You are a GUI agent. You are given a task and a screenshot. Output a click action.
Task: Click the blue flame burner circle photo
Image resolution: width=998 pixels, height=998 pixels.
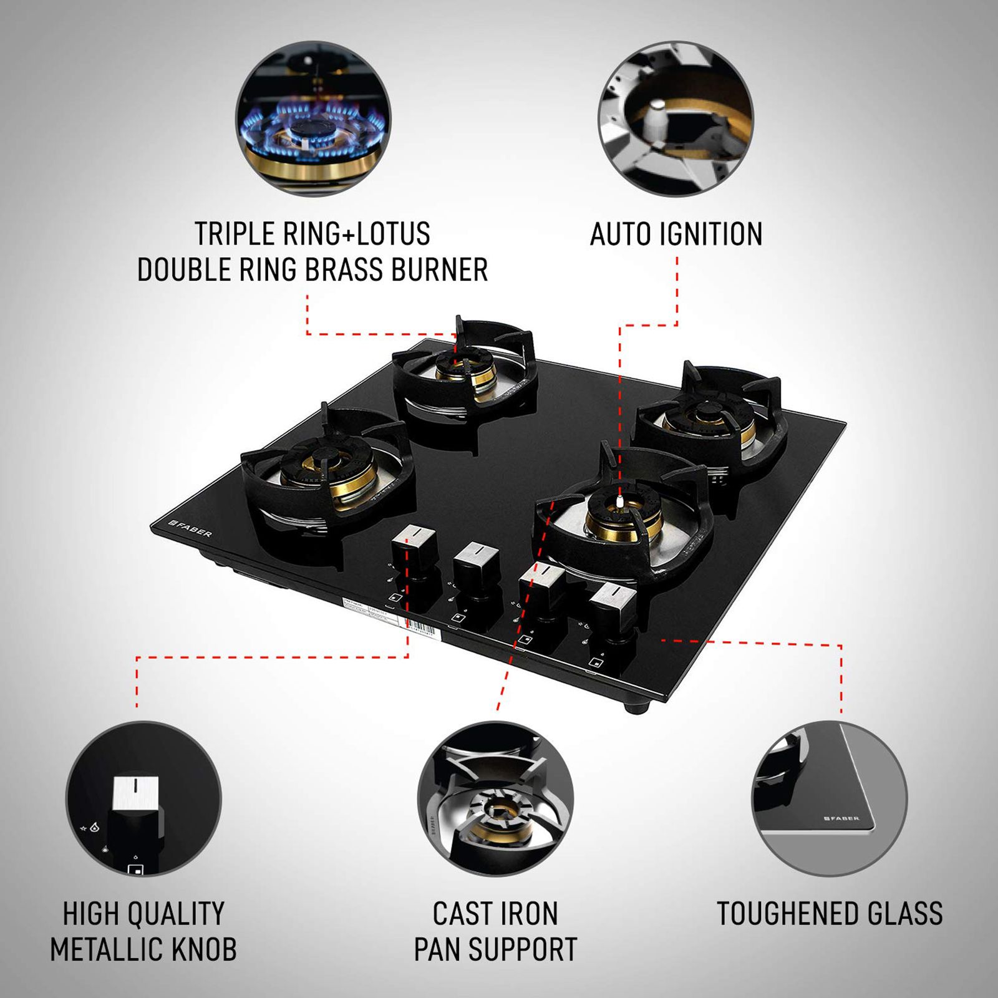[x=313, y=119]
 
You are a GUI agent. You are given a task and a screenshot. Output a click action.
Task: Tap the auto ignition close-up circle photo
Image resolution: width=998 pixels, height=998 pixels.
[x=676, y=119]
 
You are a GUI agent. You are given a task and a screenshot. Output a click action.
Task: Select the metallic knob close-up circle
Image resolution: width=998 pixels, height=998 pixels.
[x=143, y=798]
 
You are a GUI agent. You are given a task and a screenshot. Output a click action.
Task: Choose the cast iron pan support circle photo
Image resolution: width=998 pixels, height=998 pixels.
[x=495, y=798]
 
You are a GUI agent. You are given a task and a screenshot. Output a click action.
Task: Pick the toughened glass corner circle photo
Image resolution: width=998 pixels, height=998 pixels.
[x=829, y=798]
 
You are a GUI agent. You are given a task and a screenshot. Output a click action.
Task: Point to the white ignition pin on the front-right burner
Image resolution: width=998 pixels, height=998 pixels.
[x=619, y=500]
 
